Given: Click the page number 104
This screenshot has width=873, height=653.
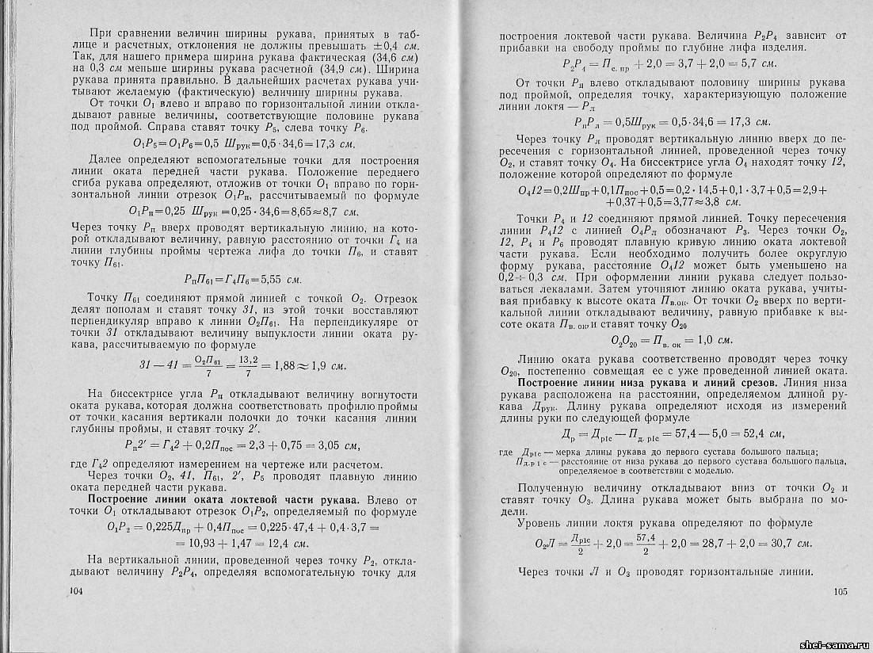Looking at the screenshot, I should point(77,591).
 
